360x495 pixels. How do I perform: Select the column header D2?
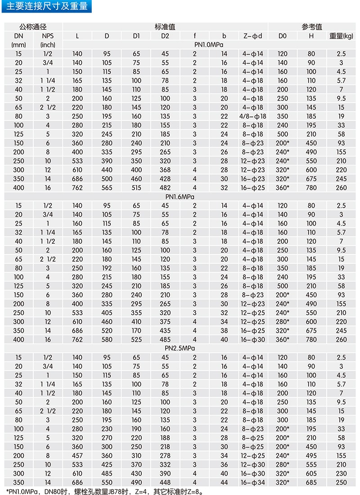click(x=165, y=36)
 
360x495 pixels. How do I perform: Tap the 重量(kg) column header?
click(x=342, y=36)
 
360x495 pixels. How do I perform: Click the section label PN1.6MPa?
click(x=195, y=196)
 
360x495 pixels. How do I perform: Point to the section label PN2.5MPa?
click(x=195, y=348)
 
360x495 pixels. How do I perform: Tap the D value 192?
click(x=107, y=268)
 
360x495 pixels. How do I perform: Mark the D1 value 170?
click(x=136, y=330)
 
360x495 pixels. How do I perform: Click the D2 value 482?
click(x=165, y=187)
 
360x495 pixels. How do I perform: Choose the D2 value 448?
click(x=165, y=482)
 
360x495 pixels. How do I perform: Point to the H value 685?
click(x=311, y=482)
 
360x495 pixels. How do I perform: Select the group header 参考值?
click(x=311, y=27)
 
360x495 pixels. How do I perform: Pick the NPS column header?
click(x=47, y=36)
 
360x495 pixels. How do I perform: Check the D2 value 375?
click(x=165, y=321)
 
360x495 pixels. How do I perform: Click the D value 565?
click(x=107, y=187)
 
